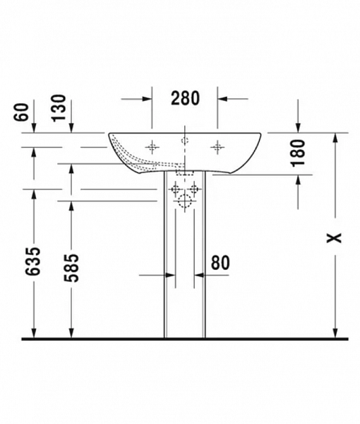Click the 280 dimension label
pos(185,98)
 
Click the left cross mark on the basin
pos(151,146)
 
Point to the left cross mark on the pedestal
pos(174,189)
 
